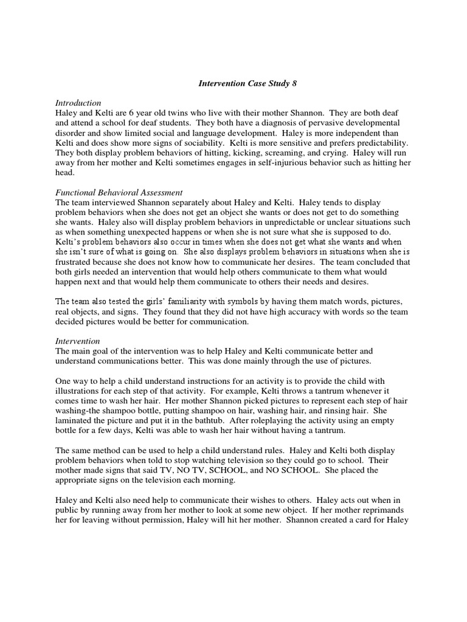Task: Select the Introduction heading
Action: pos(78,103)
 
